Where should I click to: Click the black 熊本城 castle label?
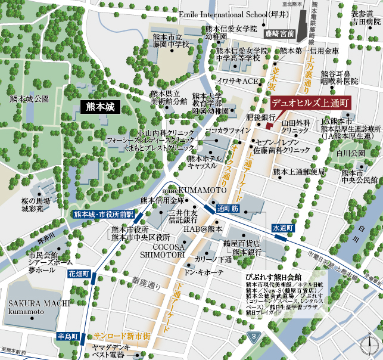tap(99, 107)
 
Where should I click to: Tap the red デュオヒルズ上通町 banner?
tap(309, 103)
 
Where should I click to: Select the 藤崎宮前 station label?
tap(280, 33)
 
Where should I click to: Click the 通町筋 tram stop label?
tap(228, 209)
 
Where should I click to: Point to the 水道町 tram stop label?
tap(283, 228)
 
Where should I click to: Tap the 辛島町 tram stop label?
tap(68, 337)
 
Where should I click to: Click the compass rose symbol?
tap(370, 345)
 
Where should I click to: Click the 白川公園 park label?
tap(350, 153)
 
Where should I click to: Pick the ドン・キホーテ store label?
tap(205, 272)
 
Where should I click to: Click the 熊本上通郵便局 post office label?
tap(299, 172)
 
